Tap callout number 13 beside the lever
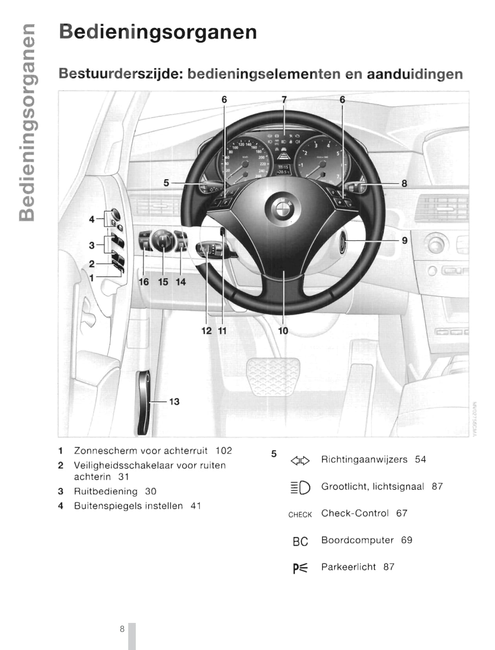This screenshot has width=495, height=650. click(x=174, y=402)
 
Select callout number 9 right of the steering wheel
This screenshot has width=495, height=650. click(x=404, y=241)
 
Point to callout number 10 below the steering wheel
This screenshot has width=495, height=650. click(x=283, y=331)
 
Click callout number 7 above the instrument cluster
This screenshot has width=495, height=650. click(x=284, y=100)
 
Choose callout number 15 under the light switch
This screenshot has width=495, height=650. click(x=163, y=282)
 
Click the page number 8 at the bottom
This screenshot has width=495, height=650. click(x=122, y=629)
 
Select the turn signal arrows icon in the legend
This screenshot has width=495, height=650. click(x=300, y=460)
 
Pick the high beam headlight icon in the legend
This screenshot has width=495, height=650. click(x=300, y=488)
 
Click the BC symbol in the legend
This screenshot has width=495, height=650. click(x=300, y=542)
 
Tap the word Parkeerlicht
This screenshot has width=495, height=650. click(x=348, y=567)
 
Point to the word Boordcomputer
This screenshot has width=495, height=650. click(x=357, y=540)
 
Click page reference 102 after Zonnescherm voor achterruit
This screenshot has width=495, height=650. click(x=224, y=450)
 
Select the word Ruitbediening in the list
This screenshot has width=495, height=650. click(x=106, y=491)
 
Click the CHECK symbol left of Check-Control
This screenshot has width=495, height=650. click(x=300, y=514)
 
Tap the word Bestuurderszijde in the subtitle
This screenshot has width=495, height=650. click(x=121, y=74)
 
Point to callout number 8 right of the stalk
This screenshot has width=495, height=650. click(x=404, y=183)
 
